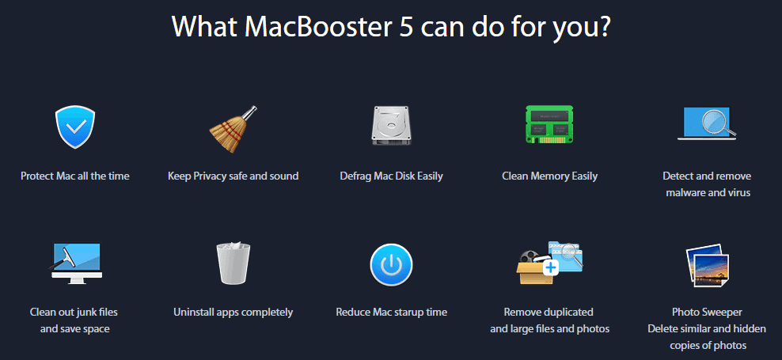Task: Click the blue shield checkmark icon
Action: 75,127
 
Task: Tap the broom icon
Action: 233,129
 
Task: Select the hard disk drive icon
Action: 391,126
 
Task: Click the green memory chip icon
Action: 549,125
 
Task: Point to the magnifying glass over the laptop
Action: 718,122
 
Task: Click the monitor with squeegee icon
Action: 75,263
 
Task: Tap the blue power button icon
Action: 391,265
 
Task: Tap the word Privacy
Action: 210,176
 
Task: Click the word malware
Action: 685,192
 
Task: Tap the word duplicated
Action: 570,313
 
